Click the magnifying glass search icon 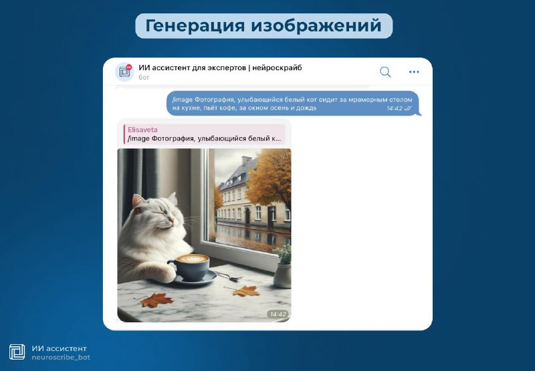point(385,72)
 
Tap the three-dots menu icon point(414,72)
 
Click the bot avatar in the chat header point(124,72)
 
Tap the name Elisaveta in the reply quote point(142,130)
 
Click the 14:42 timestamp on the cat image point(278,314)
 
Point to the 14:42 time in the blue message point(395,108)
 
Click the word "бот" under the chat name point(144,78)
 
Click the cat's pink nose point(172,220)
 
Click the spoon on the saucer point(229,277)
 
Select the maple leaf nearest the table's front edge point(156,300)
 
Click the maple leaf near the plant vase point(244,291)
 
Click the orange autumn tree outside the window point(270,177)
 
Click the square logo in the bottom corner point(17,352)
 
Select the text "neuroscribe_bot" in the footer point(61,358)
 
